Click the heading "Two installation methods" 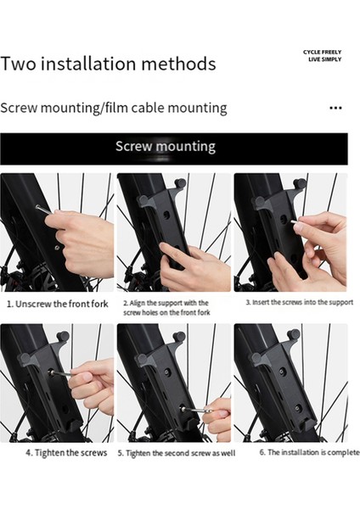pos(108,64)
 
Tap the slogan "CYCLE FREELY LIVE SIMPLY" pos(323,55)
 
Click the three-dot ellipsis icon pos(335,108)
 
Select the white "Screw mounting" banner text pos(166,147)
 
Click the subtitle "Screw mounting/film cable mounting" pos(114,108)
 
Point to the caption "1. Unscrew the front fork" pos(58,305)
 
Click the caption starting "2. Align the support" pos(166,308)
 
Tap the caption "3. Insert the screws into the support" pos(299,303)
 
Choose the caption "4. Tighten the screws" pos(66,453)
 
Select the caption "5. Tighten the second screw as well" pos(177,453)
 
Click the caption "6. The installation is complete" pos(309,452)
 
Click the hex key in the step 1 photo pos(44,210)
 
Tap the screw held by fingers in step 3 pos(295,222)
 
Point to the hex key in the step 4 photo pos(62,373)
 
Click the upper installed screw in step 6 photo pos(282,371)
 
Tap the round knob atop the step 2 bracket pos(180,184)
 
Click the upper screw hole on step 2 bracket pos(166,215)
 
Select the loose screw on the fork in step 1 pos(57,248)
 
